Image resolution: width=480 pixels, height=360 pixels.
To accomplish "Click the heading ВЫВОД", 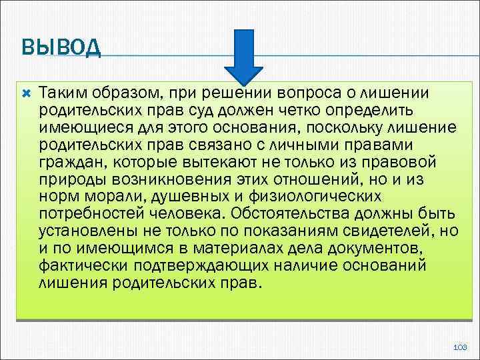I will pyautogui.click(x=61, y=49).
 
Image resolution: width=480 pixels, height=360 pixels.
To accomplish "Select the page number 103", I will pyautogui.click(x=459, y=348).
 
